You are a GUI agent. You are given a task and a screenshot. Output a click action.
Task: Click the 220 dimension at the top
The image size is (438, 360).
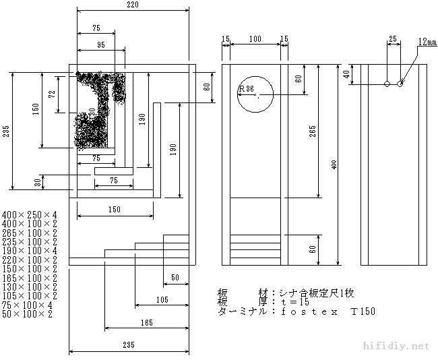[x=132, y=5]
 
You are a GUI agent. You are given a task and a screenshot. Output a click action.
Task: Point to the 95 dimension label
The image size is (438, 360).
[x=100, y=45]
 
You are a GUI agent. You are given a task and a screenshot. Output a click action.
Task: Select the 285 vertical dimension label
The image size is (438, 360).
[x=6, y=131]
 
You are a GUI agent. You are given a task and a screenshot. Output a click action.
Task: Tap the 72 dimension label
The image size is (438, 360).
[x=52, y=94]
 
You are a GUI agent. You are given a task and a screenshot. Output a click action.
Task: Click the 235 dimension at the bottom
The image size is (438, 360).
[x=129, y=345]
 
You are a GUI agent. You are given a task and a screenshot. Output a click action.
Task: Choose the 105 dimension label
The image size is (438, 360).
[x=162, y=299]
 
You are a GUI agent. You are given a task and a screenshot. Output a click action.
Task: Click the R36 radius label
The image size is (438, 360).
[x=246, y=88]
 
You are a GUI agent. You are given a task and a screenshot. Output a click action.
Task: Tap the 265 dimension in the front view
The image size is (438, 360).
[x=313, y=131]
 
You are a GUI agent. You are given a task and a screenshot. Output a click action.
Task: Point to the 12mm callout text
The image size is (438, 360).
[x=427, y=42]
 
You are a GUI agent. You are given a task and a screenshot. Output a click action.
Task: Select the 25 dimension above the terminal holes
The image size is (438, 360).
[x=393, y=40]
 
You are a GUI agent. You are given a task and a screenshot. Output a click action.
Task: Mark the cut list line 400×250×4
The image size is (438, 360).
[x=30, y=214]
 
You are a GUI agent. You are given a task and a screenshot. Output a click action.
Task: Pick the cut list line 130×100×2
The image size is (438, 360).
[x=30, y=287]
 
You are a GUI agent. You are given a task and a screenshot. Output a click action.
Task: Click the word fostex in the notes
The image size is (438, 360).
[x=306, y=311]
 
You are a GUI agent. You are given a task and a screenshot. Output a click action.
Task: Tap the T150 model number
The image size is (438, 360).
[x=362, y=311]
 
